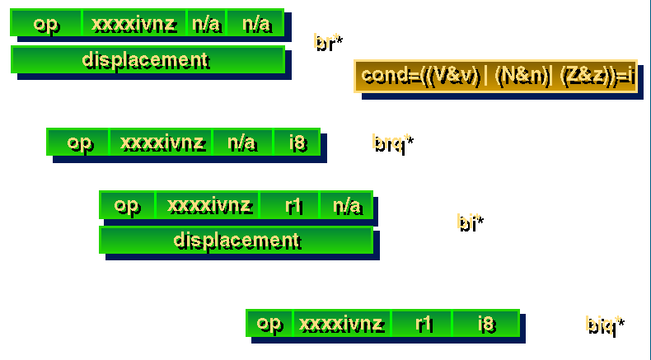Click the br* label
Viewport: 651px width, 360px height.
tap(328, 43)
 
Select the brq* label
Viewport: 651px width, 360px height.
tap(391, 143)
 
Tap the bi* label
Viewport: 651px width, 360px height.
tap(470, 222)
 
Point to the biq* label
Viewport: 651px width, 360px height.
tap(605, 325)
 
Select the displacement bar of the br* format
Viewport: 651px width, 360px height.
tap(148, 59)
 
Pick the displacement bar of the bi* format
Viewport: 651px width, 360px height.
tap(237, 240)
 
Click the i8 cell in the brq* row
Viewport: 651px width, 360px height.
tap(297, 143)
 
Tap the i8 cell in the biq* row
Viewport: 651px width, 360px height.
tap(486, 324)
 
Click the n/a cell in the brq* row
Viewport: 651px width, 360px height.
tap(242, 143)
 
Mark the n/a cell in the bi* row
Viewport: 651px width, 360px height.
tap(346, 205)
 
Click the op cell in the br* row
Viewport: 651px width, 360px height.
tap(46, 24)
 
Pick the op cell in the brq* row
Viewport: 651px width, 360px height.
tap(78, 143)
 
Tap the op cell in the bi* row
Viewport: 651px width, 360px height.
tap(127, 205)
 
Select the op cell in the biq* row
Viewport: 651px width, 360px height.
tap(269, 324)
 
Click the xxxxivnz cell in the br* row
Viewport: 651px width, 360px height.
tap(134, 24)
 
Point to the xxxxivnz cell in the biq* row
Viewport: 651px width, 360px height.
tap(342, 324)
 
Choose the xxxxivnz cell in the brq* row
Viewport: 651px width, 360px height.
tap(161, 143)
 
